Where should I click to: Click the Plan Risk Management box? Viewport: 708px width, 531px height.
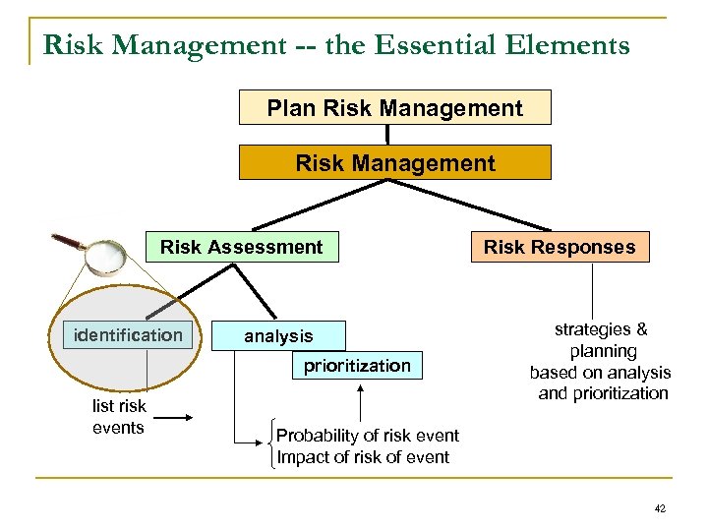[x=394, y=107]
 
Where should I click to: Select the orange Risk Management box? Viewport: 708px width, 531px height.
[x=394, y=163]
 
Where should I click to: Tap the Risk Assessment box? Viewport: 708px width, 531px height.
[x=242, y=247]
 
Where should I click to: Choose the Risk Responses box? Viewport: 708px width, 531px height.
[x=559, y=247]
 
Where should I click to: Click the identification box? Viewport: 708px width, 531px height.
[x=128, y=335]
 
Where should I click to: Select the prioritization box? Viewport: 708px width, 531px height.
[x=356, y=366]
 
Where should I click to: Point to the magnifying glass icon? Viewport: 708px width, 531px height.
[x=99, y=253]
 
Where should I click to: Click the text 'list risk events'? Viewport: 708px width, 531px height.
[x=118, y=417]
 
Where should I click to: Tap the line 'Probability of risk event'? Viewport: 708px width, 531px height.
[x=367, y=436]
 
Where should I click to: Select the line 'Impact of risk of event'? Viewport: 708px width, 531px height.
[x=363, y=457]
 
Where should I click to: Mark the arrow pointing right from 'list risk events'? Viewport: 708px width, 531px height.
[x=176, y=419]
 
